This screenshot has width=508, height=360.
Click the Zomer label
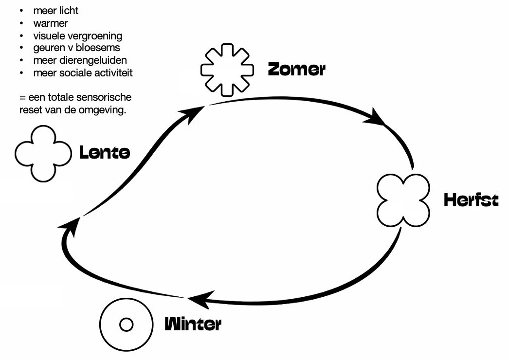point(296,70)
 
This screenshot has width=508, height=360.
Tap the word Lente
point(105,153)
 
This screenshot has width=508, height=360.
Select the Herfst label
point(471,200)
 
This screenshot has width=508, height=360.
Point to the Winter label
point(193,324)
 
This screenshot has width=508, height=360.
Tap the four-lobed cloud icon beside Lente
point(44,154)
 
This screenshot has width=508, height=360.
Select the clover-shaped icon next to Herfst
point(404,200)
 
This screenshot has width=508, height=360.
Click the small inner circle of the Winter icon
point(126,324)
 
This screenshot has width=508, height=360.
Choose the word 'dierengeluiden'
point(94,61)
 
